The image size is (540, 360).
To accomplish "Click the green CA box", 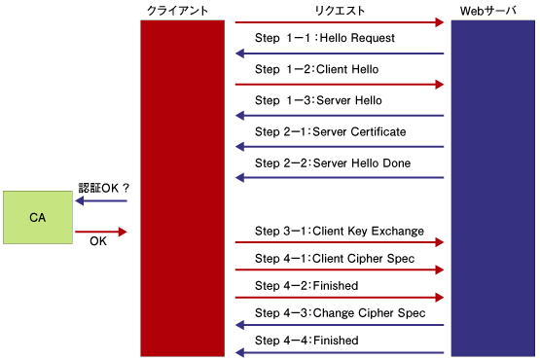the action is [x=38, y=217].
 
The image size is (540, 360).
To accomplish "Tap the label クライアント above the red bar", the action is [x=178, y=11].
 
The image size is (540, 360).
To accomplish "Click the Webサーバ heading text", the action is [x=488, y=11].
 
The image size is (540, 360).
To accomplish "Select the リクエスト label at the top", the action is [x=340, y=11].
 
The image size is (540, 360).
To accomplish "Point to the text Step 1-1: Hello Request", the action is [x=325, y=38].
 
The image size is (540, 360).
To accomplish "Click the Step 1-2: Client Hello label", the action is [x=317, y=69].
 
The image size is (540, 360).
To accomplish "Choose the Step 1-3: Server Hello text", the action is [x=318, y=100].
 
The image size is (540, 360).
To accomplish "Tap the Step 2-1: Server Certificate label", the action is [x=331, y=131].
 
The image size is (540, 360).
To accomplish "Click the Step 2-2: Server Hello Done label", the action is [x=333, y=162].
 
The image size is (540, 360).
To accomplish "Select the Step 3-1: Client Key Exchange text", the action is [x=340, y=231].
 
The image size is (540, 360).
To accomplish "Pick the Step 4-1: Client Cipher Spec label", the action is [x=335, y=258].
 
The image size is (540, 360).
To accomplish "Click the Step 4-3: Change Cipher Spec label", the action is [x=341, y=312].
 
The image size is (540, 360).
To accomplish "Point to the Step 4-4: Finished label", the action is [x=306, y=340].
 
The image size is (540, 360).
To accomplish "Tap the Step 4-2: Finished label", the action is [x=306, y=285].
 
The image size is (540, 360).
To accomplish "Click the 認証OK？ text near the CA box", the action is [x=104, y=188].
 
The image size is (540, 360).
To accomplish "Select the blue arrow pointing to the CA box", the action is [x=101, y=200].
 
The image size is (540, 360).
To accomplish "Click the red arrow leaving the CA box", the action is [x=101, y=232].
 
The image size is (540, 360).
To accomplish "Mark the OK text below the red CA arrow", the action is [x=98, y=241].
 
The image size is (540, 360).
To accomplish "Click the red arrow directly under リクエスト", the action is [x=340, y=22].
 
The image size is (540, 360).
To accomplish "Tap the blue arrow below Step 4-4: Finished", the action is [x=340, y=352].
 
